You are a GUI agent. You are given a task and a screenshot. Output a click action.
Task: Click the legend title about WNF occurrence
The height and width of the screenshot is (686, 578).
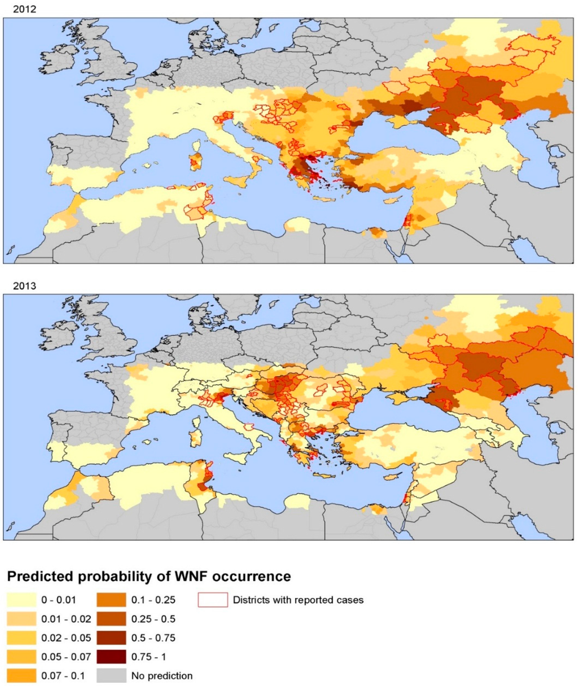click(x=149, y=577)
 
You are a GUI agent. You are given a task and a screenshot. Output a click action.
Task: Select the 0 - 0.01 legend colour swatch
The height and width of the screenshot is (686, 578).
click(x=21, y=600)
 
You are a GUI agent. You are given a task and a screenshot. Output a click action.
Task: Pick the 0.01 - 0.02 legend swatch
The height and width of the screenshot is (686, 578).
click(x=21, y=619)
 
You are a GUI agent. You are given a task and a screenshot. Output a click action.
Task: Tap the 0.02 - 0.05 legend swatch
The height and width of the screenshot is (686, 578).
click(x=21, y=638)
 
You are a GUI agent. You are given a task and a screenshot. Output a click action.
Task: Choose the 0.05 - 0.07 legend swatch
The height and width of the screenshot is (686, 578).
click(x=21, y=657)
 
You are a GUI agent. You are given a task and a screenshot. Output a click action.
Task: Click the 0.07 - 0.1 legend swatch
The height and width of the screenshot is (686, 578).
click(x=21, y=676)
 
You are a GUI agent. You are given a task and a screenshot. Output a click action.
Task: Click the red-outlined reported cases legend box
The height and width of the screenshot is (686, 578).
click(x=213, y=600)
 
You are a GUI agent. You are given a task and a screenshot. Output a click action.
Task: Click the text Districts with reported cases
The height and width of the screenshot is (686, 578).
click(x=298, y=600)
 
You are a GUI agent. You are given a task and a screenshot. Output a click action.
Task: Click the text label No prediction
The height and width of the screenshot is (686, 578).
click(x=162, y=676)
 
